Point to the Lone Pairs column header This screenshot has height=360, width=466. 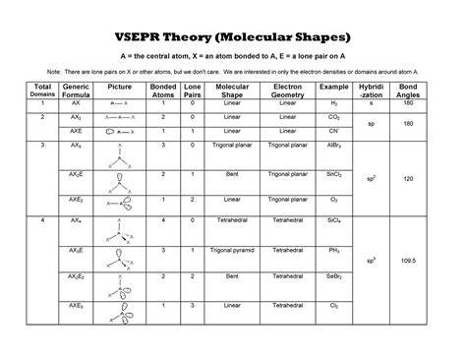click(x=192, y=90)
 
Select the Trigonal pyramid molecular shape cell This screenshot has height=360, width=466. click(x=233, y=250)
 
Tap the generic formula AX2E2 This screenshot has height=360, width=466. click(x=76, y=278)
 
